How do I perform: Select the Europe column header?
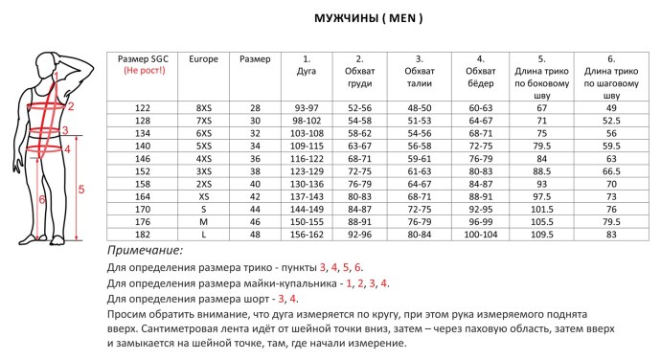click(203, 59)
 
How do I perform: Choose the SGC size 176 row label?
click(142, 220)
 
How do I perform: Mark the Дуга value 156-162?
click(307, 234)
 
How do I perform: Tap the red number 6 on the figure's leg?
click(41, 199)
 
